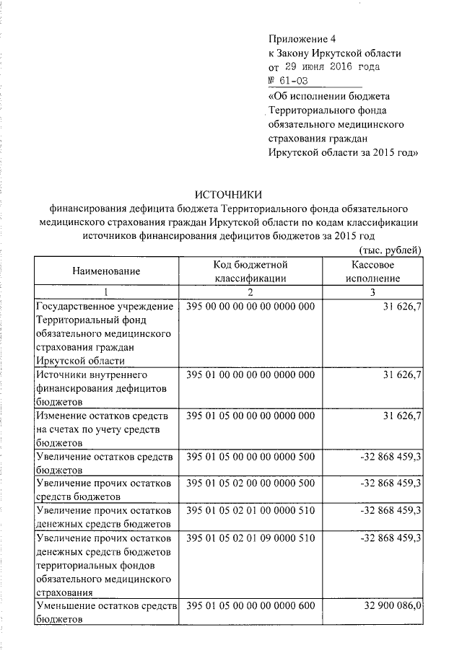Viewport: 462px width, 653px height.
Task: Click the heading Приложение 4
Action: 302,38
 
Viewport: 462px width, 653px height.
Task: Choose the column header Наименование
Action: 105,271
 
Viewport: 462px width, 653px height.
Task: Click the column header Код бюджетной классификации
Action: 250,271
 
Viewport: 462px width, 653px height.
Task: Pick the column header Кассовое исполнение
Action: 372,271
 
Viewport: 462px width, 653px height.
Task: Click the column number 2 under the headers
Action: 250,292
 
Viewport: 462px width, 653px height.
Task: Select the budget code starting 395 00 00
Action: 250,307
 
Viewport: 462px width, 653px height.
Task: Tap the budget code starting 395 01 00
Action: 250,375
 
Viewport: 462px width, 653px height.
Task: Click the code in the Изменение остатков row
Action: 250,416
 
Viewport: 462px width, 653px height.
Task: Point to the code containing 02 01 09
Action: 250,538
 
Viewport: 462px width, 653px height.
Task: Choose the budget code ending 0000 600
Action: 250,606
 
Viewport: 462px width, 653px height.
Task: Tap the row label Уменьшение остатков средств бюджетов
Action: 105,613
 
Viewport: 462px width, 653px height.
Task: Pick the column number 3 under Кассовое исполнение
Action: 372,292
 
